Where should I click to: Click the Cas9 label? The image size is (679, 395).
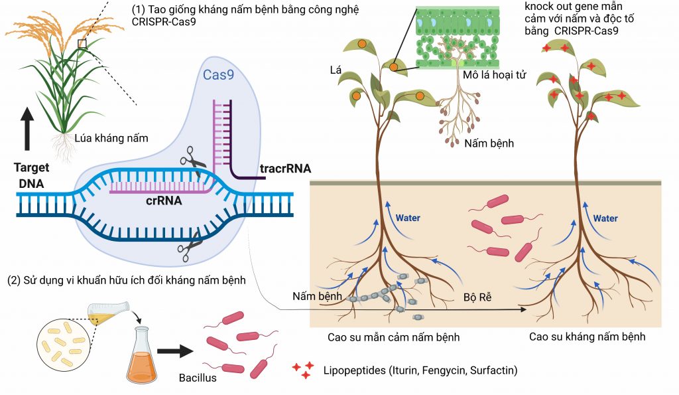coord(218,74)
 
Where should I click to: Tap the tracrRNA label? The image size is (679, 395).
coord(285,168)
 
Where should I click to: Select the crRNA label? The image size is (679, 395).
coord(164,200)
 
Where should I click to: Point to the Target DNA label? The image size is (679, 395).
coord(31,175)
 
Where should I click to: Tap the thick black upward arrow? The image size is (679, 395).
coord(27,129)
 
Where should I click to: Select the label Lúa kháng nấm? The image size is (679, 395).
coord(111,138)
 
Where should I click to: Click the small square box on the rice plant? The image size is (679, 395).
coord(82,43)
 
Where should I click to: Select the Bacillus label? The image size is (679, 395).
coord(198,378)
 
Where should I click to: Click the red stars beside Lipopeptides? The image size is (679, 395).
coord(302,370)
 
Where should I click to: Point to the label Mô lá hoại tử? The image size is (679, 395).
coord(494,75)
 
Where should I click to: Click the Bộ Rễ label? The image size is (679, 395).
coord(477,297)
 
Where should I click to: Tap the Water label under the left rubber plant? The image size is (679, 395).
coord(408,218)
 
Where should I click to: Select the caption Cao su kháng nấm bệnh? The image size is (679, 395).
coord(587,337)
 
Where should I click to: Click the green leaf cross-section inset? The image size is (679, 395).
coord(458,37)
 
